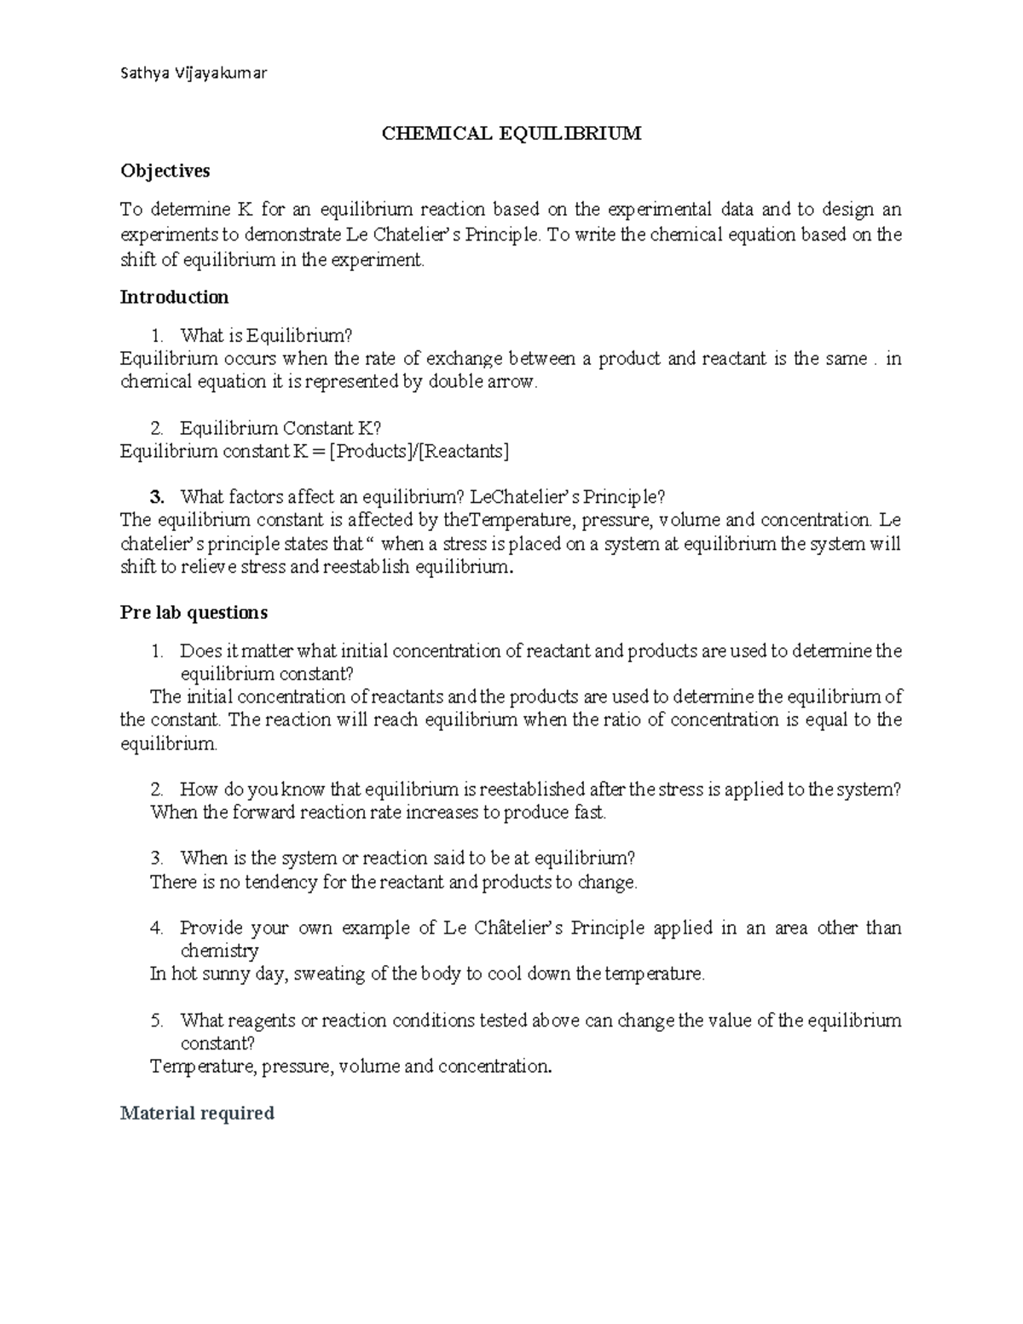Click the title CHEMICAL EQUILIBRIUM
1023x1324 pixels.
click(x=511, y=134)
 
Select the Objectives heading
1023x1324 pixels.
click(x=165, y=171)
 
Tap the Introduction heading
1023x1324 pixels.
click(x=174, y=298)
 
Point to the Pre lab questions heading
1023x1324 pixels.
click(x=194, y=613)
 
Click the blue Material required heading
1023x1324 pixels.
click(x=197, y=1113)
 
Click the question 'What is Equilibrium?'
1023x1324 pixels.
click(x=266, y=337)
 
